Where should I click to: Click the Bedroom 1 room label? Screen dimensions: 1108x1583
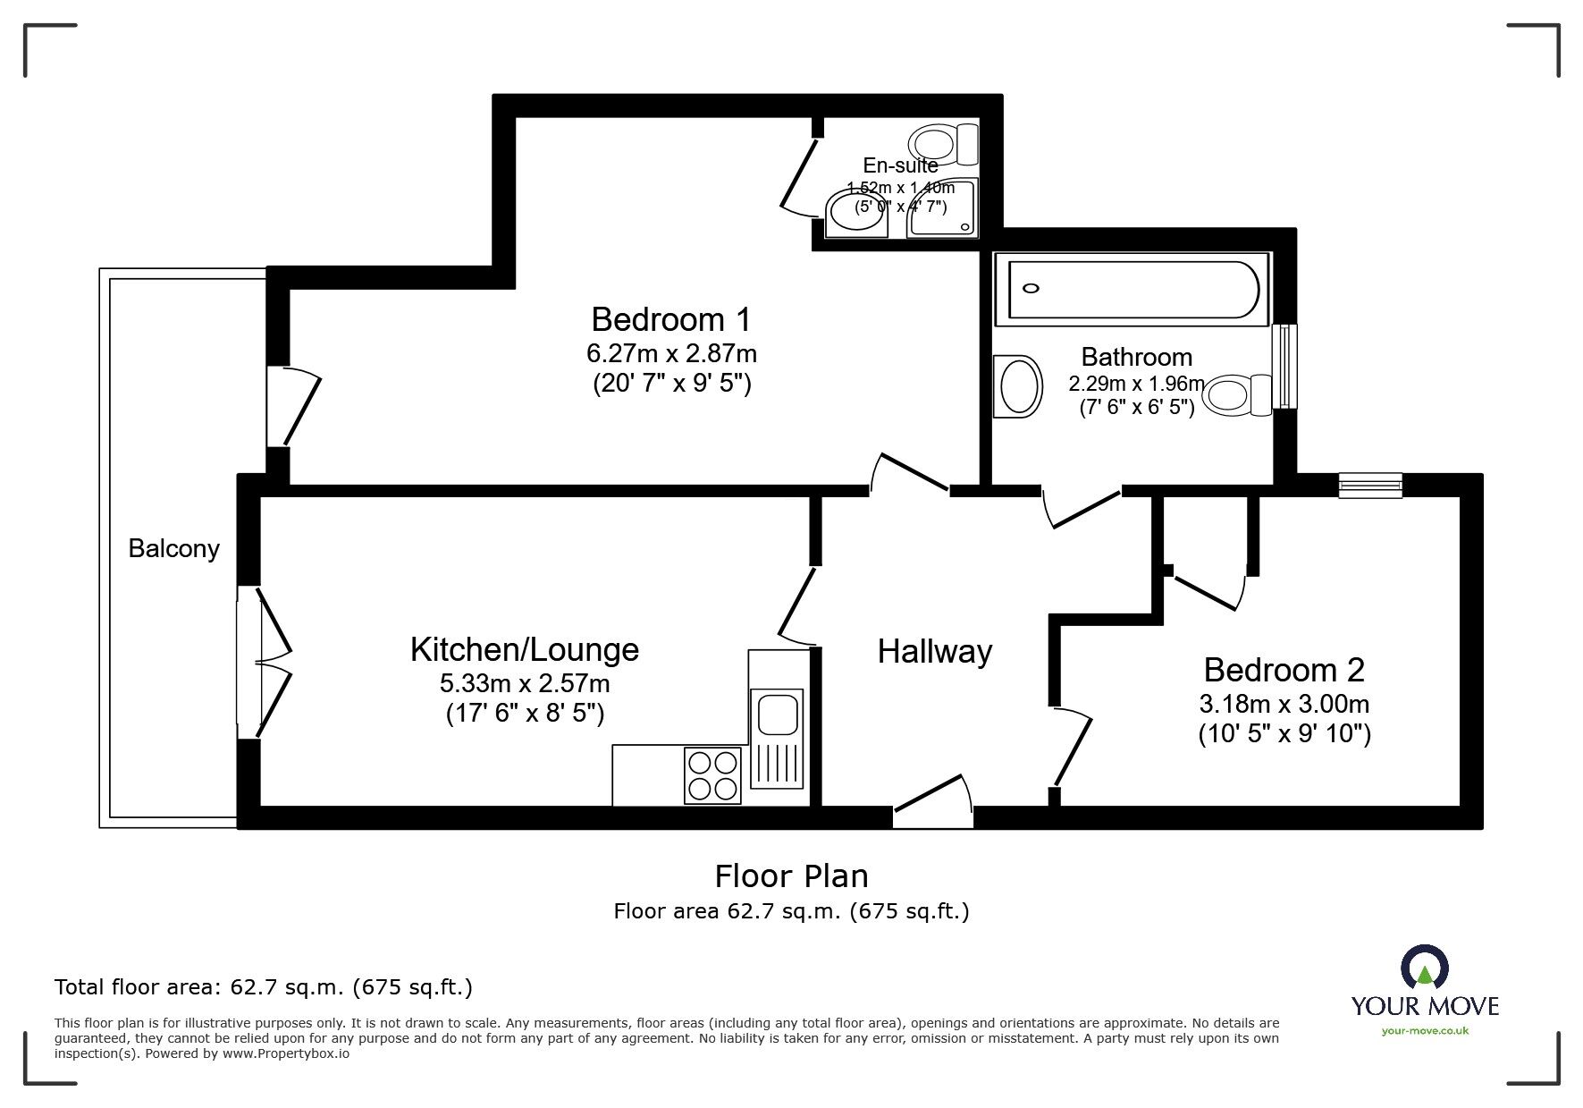[671, 319]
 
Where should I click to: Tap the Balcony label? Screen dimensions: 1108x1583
[173, 548]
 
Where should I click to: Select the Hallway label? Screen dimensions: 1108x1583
[934, 651]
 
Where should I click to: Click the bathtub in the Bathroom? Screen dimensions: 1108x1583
[1133, 289]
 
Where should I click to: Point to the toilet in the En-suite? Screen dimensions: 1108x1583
[944, 144]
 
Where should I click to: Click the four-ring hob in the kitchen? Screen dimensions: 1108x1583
[712, 774]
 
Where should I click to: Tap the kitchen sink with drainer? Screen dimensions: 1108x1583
[776, 739]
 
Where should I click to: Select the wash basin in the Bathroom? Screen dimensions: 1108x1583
[1018, 386]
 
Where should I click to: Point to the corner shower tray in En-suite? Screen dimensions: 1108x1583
[943, 207]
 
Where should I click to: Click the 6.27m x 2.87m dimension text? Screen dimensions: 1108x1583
[671, 353]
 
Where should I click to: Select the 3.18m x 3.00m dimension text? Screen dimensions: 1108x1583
[1284, 704]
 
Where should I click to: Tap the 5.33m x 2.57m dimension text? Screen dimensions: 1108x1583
[525, 684]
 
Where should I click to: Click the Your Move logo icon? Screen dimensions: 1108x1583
[1424, 968]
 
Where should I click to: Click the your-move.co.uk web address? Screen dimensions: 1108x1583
[1425, 1031]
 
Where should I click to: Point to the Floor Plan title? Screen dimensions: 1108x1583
[791, 875]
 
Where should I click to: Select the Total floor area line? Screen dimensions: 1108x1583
[264, 987]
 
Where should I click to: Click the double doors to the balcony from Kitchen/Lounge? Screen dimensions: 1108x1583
[265, 663]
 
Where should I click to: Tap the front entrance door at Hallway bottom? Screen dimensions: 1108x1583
[932, 801]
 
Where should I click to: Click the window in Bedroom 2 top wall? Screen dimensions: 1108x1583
[1370, 485]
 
